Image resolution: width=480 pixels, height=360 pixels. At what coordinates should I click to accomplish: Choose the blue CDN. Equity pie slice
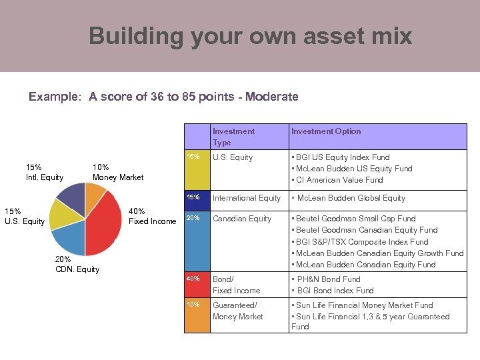tap(69, 239)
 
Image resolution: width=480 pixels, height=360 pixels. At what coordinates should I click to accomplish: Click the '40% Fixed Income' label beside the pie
tap(152, 217)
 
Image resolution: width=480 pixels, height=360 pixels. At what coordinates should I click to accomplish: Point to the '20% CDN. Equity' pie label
tap(77, 264)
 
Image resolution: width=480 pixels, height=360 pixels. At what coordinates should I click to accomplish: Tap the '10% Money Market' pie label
tap(117, 172)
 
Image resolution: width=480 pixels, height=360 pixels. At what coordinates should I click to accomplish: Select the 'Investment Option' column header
tap(326, 131)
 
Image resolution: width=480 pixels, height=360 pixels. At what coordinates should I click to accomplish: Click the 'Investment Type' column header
tap(233, 137)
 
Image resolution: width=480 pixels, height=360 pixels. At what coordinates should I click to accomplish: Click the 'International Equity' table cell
tap(247, 198)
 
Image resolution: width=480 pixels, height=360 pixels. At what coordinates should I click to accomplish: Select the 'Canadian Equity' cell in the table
tap(242, 219)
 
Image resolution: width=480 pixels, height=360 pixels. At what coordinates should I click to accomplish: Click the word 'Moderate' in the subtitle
tap(272, 97)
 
